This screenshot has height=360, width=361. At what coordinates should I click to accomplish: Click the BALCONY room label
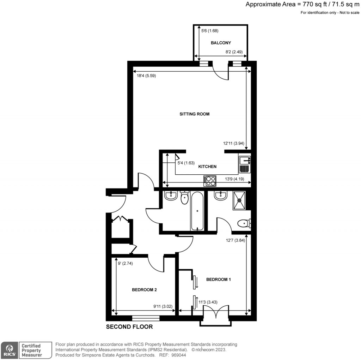(x=221, y=43)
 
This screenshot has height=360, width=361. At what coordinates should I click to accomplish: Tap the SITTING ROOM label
(x=195, y=114)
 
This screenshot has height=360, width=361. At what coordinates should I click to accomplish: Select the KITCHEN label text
(x=207, y=167)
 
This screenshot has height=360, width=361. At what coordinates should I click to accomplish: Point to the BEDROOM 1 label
(x=218, y=279)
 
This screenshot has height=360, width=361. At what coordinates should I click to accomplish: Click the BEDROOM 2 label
(x=144, y=290)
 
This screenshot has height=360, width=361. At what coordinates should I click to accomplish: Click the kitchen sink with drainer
(x=244, y=164)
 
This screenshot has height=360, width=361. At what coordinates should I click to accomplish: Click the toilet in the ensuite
(x=243, y=223)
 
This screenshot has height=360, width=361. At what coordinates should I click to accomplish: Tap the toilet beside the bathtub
(x=185, y=198)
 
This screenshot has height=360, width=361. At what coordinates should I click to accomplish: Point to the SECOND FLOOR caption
(x=129, y=327)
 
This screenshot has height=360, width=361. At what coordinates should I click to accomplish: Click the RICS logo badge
(x=10, y=350)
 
